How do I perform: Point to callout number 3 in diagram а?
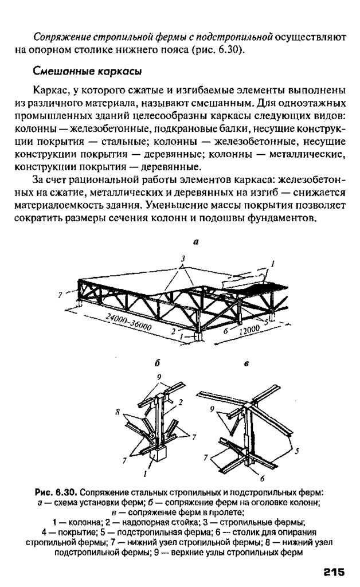(x=183, y=259)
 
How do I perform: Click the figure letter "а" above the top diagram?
(x=195, y=242)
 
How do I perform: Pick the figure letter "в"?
(x=246, y=363)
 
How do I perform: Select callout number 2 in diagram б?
(x=179, y=402)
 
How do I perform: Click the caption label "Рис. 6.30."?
(x=56, y=492)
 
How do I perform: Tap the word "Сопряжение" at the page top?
(x=59, y=37)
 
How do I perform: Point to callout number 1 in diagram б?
(x=145, y=474)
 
